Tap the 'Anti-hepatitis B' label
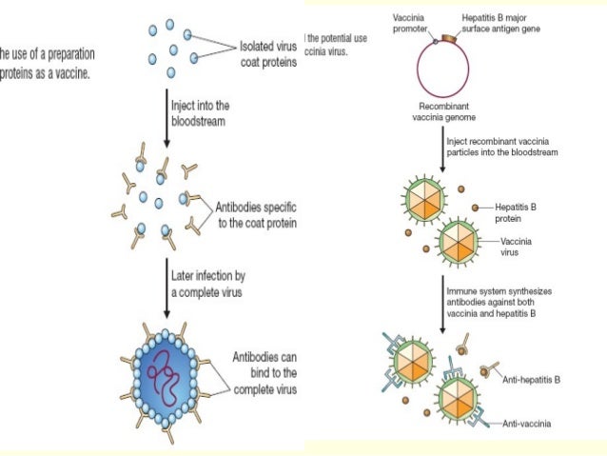click(533, 378)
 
